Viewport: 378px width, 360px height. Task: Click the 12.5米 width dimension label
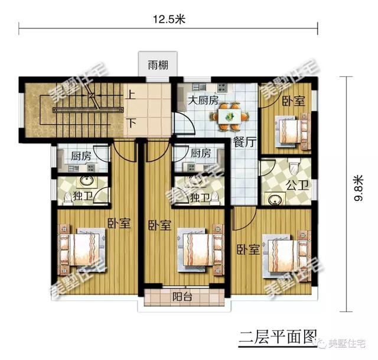pyautogui.click(x=170, y=18)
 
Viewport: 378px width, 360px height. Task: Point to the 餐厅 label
pyautogui.click(x=244, y=142)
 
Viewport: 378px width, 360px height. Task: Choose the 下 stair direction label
pyautogui.click(x=132, y=124)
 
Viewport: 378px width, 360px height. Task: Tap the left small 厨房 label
pyautogui.click(x=81, y=157)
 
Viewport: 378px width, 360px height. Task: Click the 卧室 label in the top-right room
pyautogui.click(x=293, y=100)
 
